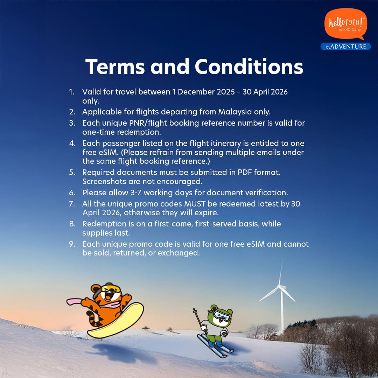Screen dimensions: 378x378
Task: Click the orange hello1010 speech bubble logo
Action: click(345, 24)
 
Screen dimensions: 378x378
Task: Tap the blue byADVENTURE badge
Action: click(346, 47)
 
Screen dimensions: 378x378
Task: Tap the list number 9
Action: click(72, 244)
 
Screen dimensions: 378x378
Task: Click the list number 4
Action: click(72, 143)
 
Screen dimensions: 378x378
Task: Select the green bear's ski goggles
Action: click(223, 316)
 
